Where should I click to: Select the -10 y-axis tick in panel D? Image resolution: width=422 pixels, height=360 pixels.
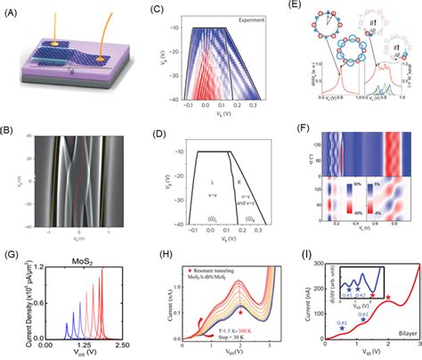(163, 151)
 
